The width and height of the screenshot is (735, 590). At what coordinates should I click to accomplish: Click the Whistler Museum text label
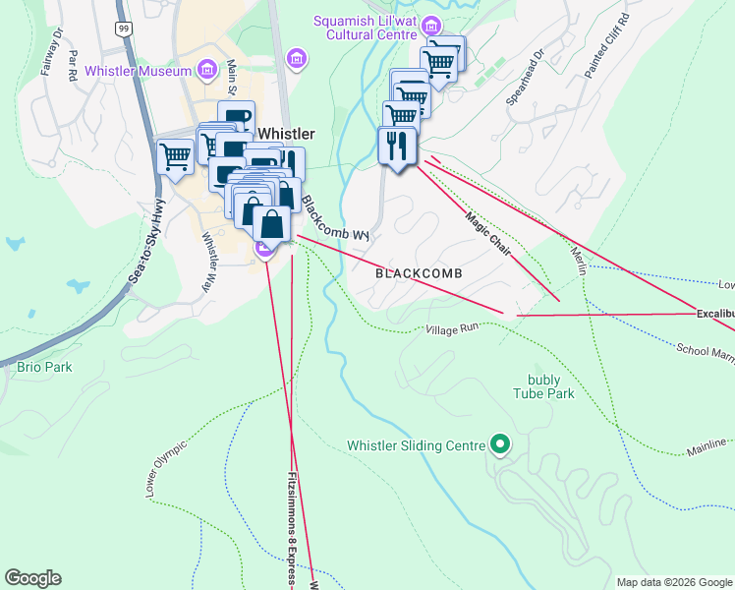click(x=138, y=71)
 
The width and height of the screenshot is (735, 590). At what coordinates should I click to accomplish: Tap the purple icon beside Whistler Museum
click(x=205, y=70)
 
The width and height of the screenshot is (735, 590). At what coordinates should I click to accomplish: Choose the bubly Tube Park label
click(x=542, y=386)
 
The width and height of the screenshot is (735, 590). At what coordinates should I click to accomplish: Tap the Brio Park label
click(x=44, y=367)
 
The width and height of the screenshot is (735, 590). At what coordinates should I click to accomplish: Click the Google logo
click(x=32, y=578)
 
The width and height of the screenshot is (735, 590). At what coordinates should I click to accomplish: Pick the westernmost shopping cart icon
click(x=175, y=155)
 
